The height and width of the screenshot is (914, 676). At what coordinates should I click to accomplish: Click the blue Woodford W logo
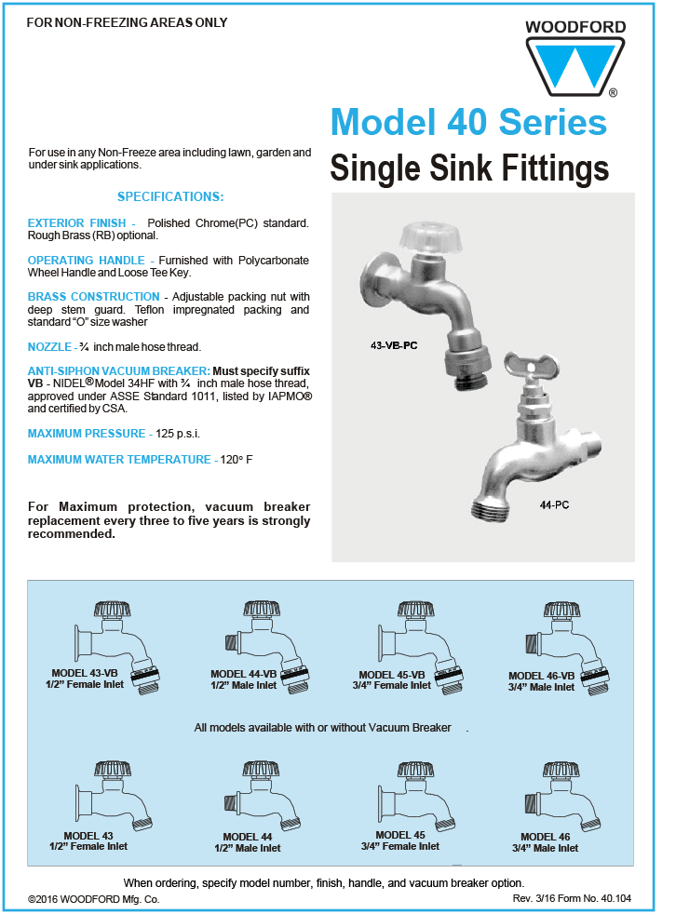pos(575,66)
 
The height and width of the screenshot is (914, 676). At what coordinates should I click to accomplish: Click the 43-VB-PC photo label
pos(394,345)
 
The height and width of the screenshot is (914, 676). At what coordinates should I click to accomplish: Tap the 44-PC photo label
pos(554,504)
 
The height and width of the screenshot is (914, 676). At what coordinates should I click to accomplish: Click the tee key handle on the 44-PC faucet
pos(532,366)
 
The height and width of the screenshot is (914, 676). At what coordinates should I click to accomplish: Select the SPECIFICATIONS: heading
pos(170,196)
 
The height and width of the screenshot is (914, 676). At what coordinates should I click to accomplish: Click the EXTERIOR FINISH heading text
pos(77,222)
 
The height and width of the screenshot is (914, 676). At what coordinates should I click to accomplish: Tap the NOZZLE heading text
pos(49,347)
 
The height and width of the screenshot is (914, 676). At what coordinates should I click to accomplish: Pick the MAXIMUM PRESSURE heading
pos(87,434)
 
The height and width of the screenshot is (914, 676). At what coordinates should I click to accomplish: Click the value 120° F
pos(237,460)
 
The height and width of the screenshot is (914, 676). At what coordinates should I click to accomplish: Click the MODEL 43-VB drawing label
pos(85,673)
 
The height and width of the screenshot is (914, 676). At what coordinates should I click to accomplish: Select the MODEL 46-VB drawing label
pos(541,676)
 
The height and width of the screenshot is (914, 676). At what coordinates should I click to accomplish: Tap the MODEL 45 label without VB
pos(400,835)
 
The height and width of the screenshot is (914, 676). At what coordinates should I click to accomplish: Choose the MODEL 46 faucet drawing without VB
pos(562,796)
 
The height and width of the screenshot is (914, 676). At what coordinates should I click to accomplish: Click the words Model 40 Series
pos(469,123)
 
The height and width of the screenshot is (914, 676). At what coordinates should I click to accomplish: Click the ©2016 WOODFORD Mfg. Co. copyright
pos(94,899)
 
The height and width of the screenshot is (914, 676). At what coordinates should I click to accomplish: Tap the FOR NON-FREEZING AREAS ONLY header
pos(128,22)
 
